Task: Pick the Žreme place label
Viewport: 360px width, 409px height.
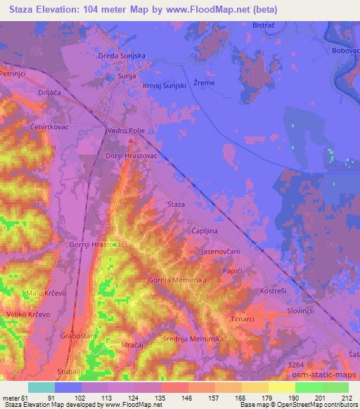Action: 204,82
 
